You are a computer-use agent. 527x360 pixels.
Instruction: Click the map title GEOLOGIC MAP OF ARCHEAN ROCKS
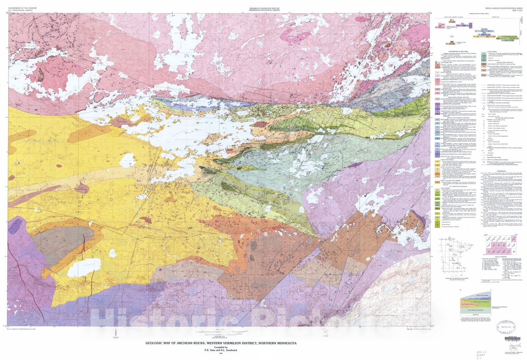point(221,343)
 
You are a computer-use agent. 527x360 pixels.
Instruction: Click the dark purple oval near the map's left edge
point(15,227)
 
